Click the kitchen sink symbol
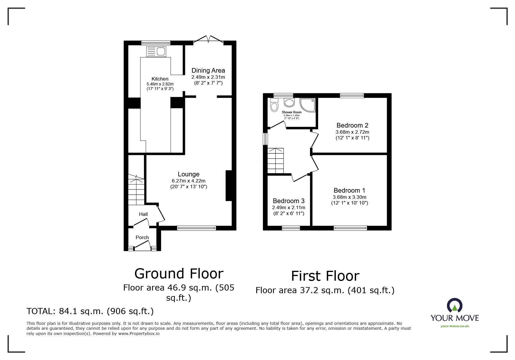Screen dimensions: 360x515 pyautogui.click(x=156, y=52)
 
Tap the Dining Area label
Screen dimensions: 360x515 pyautogui.click(x=208, y=70)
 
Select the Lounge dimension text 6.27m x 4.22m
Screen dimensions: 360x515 pyautogui.click(x=188, y=181)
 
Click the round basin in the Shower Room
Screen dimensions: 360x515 pyautogui.click(x=289, y=102)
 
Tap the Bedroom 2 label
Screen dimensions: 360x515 pyautogui.click(x=352, y=126)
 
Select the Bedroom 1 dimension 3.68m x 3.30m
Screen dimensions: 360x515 pyautogui.click(x=350, y=197)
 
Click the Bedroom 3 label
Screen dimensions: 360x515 pyautogui.click(x=288, y=201)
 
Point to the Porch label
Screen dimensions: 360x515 pyautogui.click(x=142, y=237)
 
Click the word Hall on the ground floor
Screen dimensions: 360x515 pyautogui.click(x=143, y=214)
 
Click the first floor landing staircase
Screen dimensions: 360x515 pyautogui.click(x=275, y=161)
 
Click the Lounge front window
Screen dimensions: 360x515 pyautogui.click(x=197, y=228)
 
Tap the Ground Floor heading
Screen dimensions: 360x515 pyautogui.click(x=179, y=274)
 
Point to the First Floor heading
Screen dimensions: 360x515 pyautogui.click(x=325, y=276)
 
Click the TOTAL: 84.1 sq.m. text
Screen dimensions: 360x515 pyautogui.click(x=90, y=311)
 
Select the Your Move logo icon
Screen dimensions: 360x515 pyautogui.click(x=455, y=306)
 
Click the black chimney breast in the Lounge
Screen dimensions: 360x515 pyautogui.click(x=229, y=186)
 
